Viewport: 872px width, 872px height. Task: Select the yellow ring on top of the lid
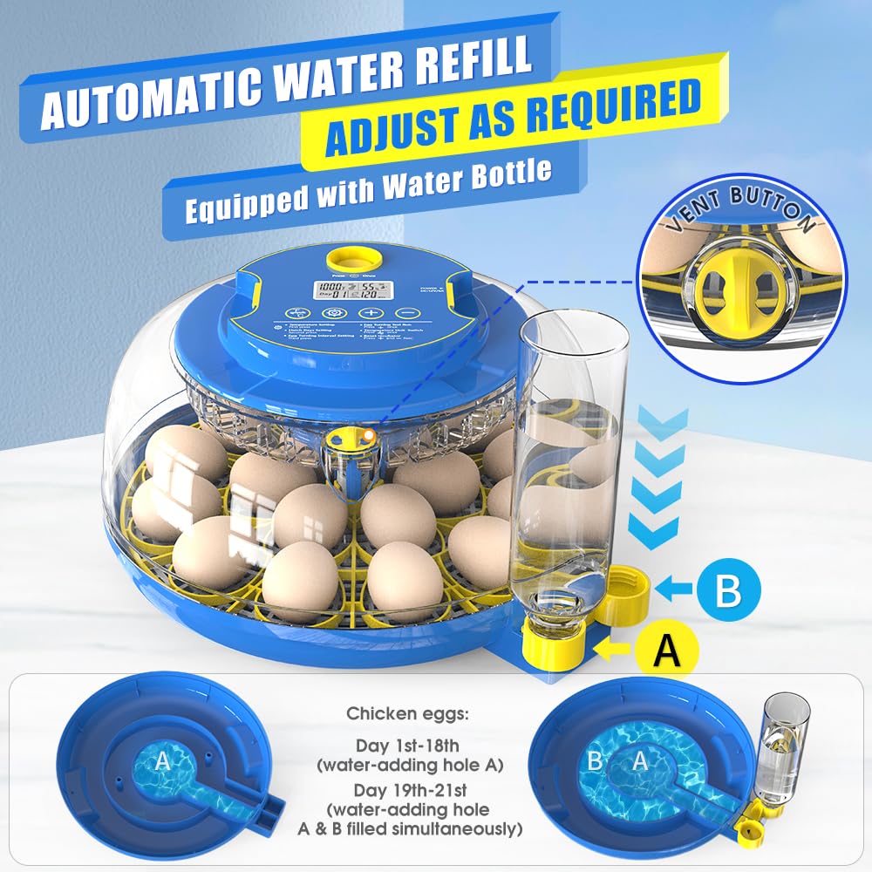pyautogui.click(x=337, y=258)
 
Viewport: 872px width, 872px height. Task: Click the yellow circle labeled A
pyautogui.click(x=666, y=648)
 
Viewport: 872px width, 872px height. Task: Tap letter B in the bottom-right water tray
pyautogui.click(x=596, y=761)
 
